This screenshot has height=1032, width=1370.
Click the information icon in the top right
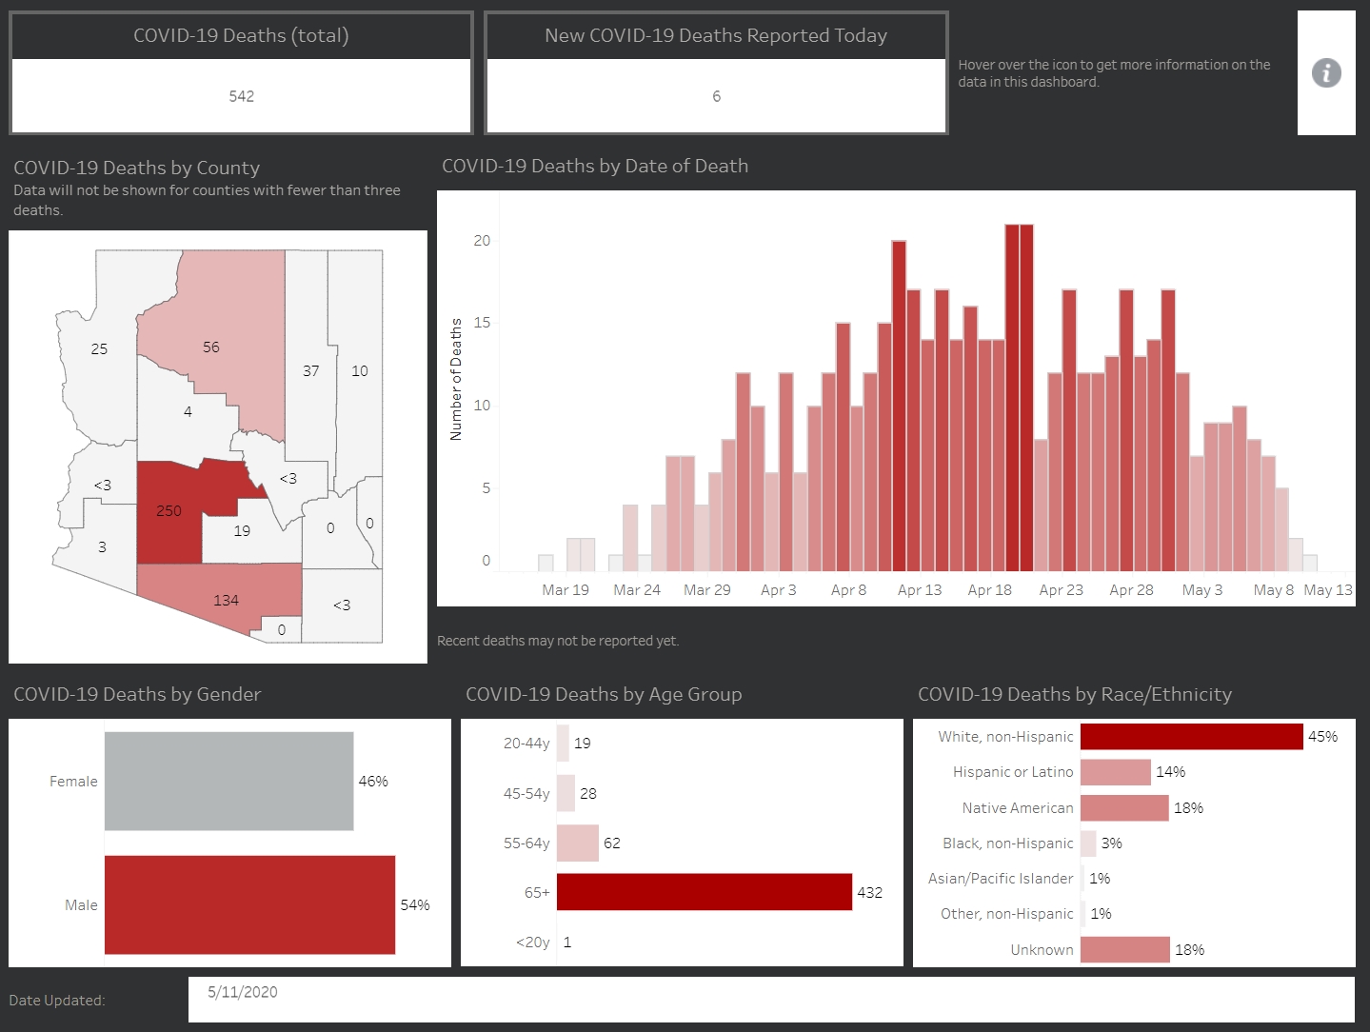pyautogui.click(x=1326, y=73)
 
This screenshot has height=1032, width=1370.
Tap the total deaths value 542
pyautogui.click(x=242, y=96)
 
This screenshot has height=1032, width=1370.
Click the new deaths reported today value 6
pyautogui.click(x=716, y=96)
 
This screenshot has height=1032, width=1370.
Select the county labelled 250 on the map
pyautogui.click(x=169, y=511)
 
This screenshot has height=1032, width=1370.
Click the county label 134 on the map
pyautogui.click(x=226, y=601)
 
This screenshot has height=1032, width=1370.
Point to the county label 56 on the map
pyautogui.click(x=211, y=347)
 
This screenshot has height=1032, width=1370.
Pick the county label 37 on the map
pyautogui.click(x=311, y=371)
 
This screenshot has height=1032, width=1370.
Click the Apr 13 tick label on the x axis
pyautogui.click(x=920, y=590)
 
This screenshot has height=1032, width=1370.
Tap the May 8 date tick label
pyautogui.click(x=1273, y=590)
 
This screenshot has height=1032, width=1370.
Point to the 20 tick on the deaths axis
pyautogui.click(x=482, y=241)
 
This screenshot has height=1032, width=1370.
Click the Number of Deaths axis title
pyautogui.click(x=456, y=379)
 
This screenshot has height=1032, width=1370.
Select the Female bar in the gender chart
pyautogui.click(x=228, y=781)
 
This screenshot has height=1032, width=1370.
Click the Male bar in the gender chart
pyautogui.click(x=249, y=904)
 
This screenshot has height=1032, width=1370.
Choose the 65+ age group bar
pyautogui.click(x=705, y=892)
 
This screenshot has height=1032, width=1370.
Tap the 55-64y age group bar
pyautogui.click(x=578, y=843)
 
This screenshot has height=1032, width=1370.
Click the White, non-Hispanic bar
pyautogui.click(x=1191, y=737)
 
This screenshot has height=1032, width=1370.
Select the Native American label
pyautogui.click(x=1018, y=808)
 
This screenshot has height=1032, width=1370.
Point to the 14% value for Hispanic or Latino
pyautogui.click(x=1170, y=772)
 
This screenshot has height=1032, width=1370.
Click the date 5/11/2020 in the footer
pyautogui.click(x=243, y=992)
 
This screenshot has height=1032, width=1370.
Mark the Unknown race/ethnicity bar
pyautogui.click(x=1124, y=949)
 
